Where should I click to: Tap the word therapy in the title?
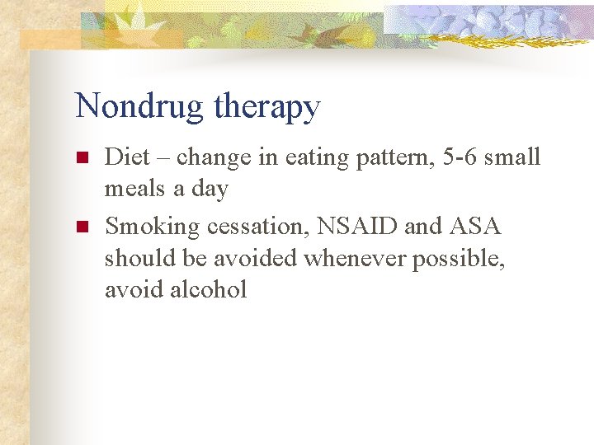pyautogui.click(x=266, y=109)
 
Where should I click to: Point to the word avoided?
pyautogui.click(x=256, y=258)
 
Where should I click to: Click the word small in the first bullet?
pyautogui.click(x=512, y=157)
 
